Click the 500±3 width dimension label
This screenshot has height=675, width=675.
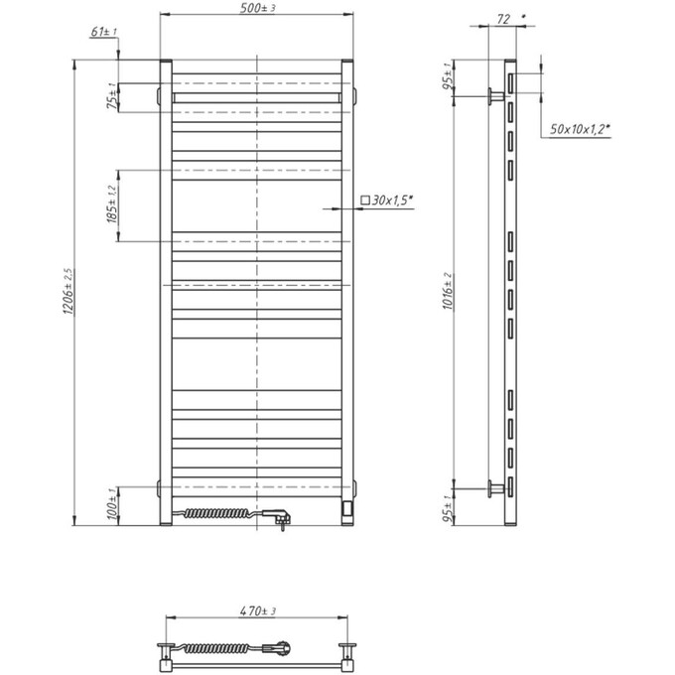(x=257, y=9)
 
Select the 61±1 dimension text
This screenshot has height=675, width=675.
(x=103, y=33)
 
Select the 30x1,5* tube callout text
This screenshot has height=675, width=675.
(x=392, y=201)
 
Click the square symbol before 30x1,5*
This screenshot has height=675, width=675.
(x=364, y=201)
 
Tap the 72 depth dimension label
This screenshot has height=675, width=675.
(x=502, y=19)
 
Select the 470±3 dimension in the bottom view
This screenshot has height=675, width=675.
(x=257, y=610)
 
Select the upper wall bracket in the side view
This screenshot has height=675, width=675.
(x=493, y=95)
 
